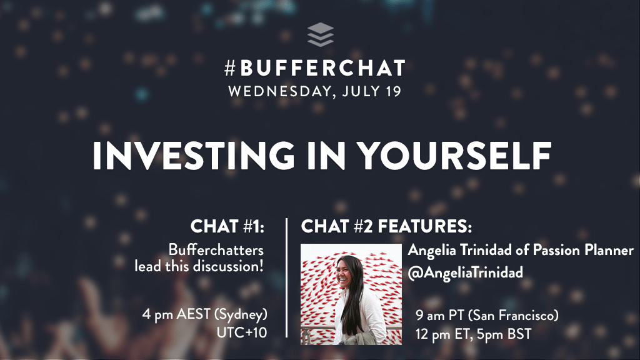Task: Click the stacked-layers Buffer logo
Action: click(x=321, y=35)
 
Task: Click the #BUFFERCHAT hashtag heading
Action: click(x=315, y=68)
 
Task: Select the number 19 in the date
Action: click(x=393, y=91)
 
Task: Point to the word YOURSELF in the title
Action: click(x=454, y=156)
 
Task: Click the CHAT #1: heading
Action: click(x=227, y=226)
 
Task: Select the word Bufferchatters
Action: click(x=216, y=249)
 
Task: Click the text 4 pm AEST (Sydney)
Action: click(x=205, y=315)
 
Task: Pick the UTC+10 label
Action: click(x=242, y=332)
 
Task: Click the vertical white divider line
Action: click(x=287, y=278)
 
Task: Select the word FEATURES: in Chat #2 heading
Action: click(x=424, y=226)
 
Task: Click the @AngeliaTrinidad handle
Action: click(x=465, y=272)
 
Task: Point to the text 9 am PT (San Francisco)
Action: click(x=487, y=316)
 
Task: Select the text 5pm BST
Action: click(x=507, y=334)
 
